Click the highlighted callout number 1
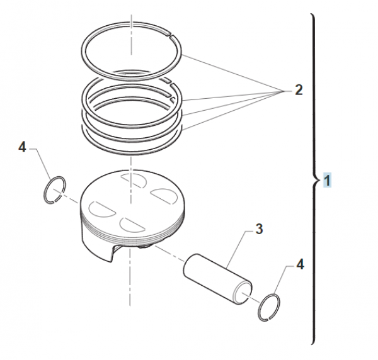327,181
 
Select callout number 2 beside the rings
298,91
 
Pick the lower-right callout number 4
300,265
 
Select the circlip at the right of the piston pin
270,307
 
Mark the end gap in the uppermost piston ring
173,35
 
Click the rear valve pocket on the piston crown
133,181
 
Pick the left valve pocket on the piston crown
100,206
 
